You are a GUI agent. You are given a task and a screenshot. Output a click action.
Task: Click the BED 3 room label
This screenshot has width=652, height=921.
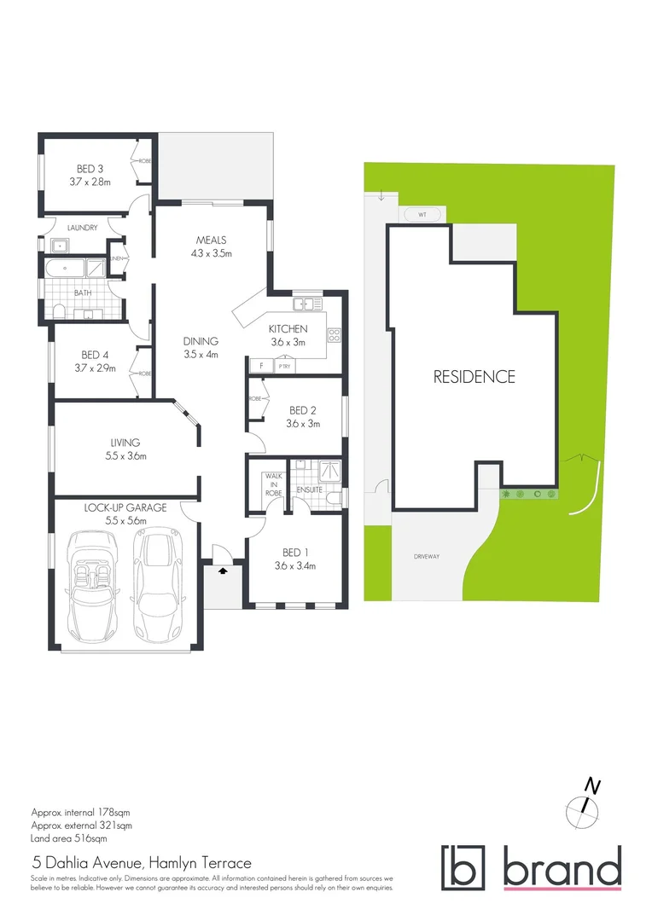[x=84, y=169]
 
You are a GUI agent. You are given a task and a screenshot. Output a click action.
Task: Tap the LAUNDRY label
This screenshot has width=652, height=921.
[x=82, y=228]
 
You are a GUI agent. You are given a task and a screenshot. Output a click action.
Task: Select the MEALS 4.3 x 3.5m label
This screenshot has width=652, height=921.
[x=211, y=246]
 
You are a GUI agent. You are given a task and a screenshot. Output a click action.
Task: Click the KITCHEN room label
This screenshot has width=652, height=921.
[x=288, y=329]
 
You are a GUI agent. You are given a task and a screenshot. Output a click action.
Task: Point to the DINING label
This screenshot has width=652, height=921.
[x=201, y=341]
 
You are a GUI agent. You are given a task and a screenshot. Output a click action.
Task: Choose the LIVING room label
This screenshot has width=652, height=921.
[x=125, y=443]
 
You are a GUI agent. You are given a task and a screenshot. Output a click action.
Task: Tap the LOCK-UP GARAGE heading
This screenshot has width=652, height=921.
[x=125, y=507]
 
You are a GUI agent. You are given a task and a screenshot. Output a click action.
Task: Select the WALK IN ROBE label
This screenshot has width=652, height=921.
[x=273, y=484]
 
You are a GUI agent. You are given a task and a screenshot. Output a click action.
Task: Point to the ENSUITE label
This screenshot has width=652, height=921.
[x=311, y=489]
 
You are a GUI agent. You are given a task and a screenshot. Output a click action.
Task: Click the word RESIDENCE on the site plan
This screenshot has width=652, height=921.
[x=474, y=376]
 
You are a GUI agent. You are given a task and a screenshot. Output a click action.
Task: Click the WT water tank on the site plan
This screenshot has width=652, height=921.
[x=422, y=214]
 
